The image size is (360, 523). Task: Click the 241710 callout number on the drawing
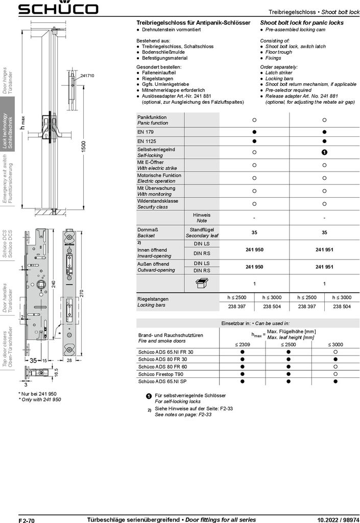[87, 76]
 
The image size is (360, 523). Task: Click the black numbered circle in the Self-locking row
[324, 152]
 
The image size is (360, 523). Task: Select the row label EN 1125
[145, 140]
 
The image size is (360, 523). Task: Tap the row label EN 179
[144, 131]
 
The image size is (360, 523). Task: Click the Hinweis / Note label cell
[202, 218]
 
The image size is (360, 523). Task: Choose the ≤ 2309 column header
[243, 344]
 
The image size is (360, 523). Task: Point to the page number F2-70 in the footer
[26, 519]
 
